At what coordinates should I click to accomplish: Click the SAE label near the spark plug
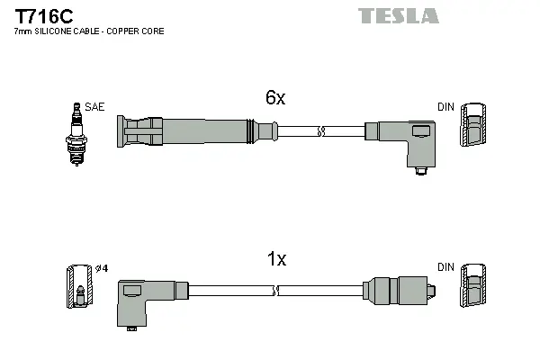click(x=95, y=107)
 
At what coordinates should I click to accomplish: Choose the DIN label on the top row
click(x=445, y=107)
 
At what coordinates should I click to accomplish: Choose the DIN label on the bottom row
click(x=445, y=267)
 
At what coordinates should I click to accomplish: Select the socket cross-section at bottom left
click(x=80, y=286)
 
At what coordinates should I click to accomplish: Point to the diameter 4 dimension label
click(x=102, y=268)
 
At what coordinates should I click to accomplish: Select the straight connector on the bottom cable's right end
click(x=396, y=291)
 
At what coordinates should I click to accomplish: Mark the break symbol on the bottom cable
click(x=276, y=291)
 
